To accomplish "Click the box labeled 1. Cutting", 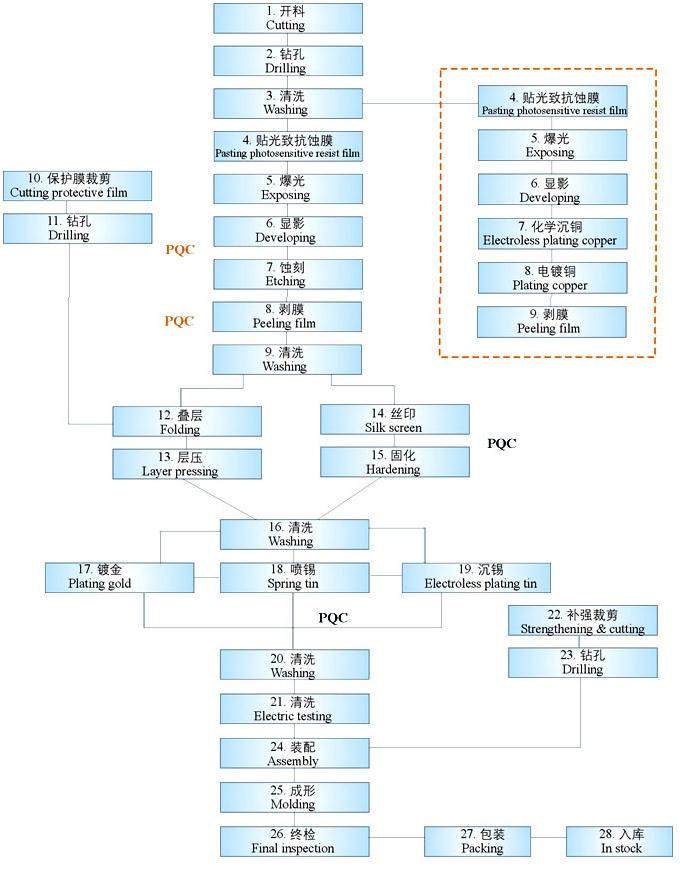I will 287,18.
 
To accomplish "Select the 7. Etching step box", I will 287,274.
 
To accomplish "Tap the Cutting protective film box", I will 77,185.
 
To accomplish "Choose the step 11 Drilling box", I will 77,228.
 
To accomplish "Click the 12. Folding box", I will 187,421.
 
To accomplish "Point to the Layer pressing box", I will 187,464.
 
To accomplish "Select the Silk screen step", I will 394,420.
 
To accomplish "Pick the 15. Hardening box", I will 394,462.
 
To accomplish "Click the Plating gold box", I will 119,576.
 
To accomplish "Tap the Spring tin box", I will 292,576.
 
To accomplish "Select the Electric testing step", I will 292,709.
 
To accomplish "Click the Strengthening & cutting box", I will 582,621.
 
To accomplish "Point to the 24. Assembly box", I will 292,754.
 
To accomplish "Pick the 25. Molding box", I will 292,797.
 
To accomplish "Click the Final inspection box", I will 292,841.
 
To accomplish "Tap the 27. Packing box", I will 482,841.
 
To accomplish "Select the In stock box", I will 619,841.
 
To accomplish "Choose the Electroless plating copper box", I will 552,233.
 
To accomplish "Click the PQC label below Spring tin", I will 333,618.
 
